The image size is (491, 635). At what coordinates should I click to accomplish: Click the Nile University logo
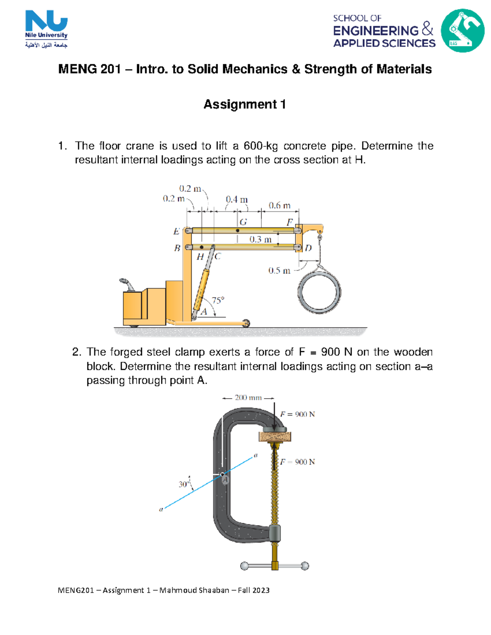point(46,29)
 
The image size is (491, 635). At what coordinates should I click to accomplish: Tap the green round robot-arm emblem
point(462,31)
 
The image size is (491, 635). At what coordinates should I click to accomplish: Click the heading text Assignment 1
point(245,105)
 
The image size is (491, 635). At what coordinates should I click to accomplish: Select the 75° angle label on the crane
point(218,301)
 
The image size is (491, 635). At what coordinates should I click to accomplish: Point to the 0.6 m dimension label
point(279,205)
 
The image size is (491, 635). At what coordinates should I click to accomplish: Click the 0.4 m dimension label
point(236,200)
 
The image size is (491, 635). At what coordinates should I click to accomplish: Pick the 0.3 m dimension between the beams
point(261,239)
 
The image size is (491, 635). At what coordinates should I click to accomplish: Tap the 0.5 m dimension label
point(279,271)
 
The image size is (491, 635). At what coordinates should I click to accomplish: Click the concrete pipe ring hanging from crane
point(319,292)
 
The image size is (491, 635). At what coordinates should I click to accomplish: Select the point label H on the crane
point(200,257)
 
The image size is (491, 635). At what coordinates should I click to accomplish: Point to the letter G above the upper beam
point(243,222)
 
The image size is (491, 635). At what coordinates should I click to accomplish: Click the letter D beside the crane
point(308,248)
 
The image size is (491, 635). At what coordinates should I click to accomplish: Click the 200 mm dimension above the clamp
point(248,398)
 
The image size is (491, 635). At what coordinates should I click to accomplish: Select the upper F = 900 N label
point(297,414)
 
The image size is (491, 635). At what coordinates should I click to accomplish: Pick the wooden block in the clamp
point(275,437)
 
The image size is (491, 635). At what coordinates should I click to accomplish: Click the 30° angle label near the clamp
point(184,484)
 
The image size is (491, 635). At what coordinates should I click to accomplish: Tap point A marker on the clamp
point(223,475)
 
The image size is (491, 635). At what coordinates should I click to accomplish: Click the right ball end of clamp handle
point(305,566)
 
